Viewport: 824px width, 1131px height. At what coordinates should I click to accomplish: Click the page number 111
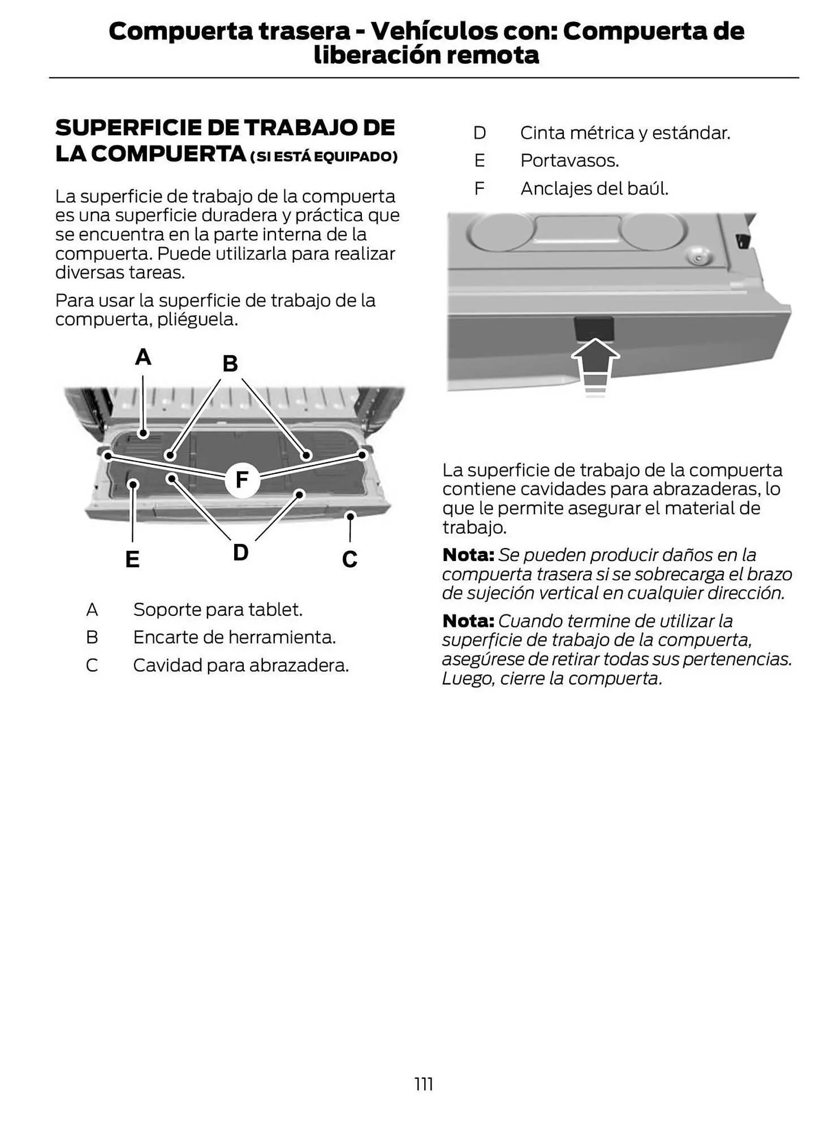(424, 1084)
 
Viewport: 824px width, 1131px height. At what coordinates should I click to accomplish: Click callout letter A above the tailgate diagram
(143, 357)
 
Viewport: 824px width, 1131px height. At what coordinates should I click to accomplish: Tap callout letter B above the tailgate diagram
(230, 364)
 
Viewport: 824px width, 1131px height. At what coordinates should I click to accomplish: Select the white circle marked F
(242, 480)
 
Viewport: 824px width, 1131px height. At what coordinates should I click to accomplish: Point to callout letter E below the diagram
(132, 559)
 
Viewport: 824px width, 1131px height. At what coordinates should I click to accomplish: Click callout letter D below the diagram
(240, 552)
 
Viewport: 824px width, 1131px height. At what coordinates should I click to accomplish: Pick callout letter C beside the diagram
(350, 559)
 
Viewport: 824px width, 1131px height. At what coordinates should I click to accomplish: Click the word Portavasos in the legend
(569, 161)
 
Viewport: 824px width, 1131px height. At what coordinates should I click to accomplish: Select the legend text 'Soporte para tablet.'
(218, 610)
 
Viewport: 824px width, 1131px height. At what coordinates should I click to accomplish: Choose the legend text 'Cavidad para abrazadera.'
(241, 665)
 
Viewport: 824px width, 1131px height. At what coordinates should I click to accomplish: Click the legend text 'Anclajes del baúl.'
(594, 188)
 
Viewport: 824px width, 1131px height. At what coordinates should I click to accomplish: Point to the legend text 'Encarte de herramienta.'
(234, 637)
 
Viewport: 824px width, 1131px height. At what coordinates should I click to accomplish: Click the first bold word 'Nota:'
(468, 555)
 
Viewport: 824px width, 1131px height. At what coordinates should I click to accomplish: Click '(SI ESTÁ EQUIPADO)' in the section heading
(323, 157)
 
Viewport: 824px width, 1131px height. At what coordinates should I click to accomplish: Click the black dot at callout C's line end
(351, 516)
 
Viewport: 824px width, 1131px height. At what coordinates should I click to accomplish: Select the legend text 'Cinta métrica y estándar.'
(625, 133)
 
